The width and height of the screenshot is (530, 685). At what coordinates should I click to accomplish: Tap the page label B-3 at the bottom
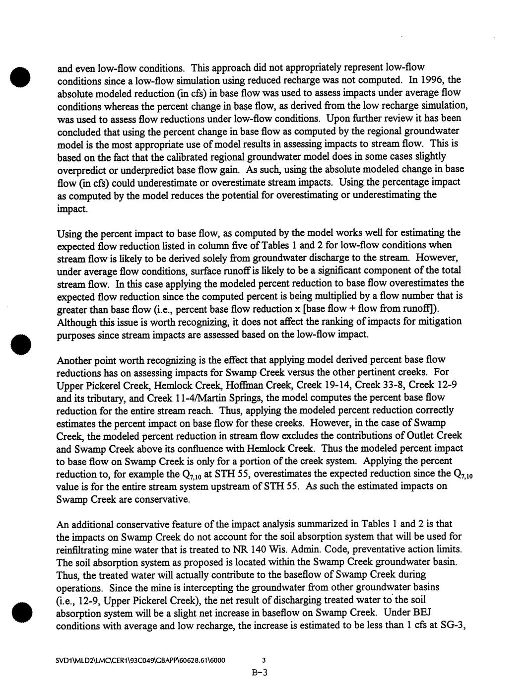[x=260, y=674]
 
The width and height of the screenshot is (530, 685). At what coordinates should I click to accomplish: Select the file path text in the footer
[x=141, y=661]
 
